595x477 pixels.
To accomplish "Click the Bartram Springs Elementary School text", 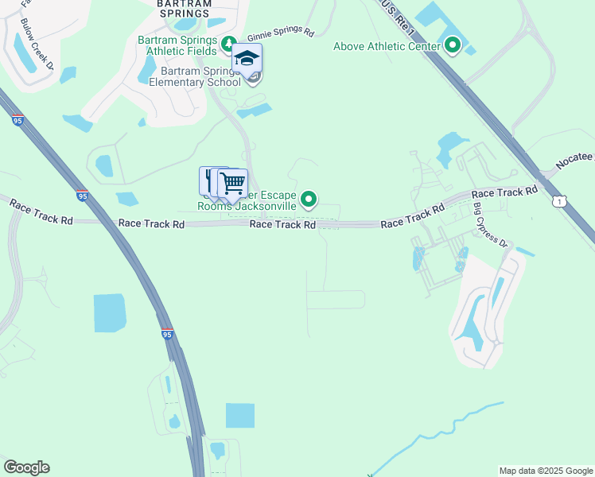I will (195, 77).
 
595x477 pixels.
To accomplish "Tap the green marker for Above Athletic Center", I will (453, 45).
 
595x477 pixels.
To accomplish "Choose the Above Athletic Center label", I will (387, 46).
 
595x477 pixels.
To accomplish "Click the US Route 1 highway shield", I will (560, 203).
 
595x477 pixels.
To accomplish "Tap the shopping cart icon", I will (232, 184).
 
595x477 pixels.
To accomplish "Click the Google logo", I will (26, 467).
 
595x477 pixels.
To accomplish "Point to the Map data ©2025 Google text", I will (545, 471).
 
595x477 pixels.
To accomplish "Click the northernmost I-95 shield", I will (18, 121).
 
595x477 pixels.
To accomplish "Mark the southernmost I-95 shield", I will (167, 335).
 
